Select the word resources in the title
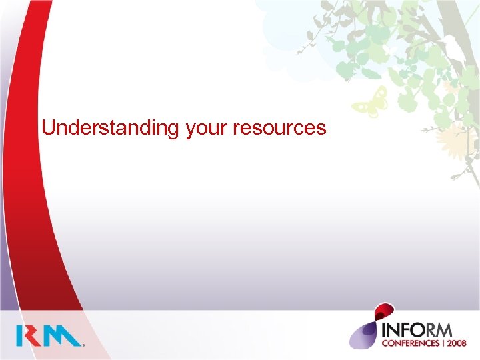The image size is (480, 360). (x=281, y=127)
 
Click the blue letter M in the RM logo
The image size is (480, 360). (x=65, y=335)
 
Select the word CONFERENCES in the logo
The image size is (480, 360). (x=408, y=344)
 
